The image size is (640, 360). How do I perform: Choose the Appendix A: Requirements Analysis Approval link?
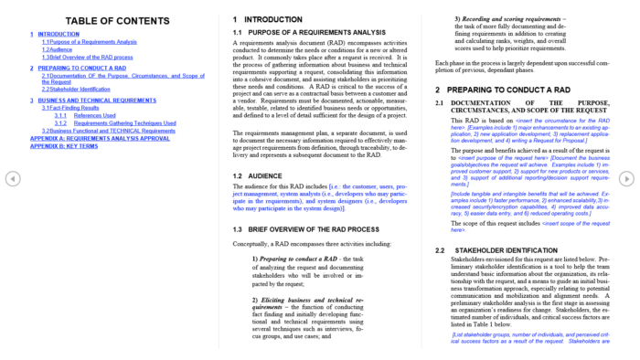tap(100, 138)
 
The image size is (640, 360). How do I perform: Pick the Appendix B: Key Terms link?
tap(64, 145)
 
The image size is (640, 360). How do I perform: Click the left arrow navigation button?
tap(13, 179)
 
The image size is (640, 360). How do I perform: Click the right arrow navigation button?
tap(627, 179)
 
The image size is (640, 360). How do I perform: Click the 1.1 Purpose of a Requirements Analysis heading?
tap(309, 33)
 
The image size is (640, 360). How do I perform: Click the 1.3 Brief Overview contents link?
tap(87, 57)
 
